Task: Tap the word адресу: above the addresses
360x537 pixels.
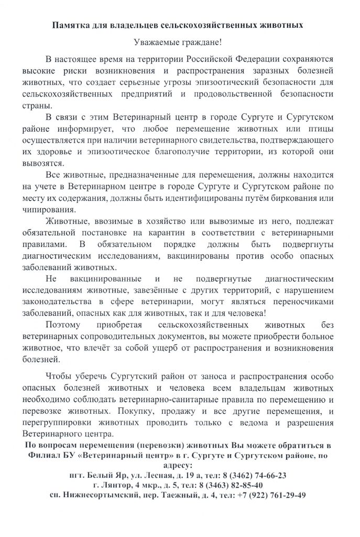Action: (179, 464)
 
